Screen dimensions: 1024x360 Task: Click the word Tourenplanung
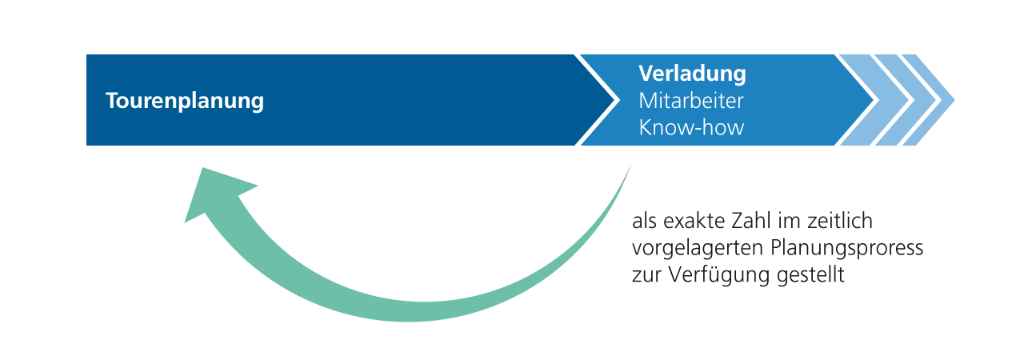[185, 101]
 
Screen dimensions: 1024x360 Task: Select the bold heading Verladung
[692, 74]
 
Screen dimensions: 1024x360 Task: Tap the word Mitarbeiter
[690, 101]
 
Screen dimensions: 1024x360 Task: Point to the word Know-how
[691, 127]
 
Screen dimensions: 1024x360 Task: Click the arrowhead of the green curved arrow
[215, 194]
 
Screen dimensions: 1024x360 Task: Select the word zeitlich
[840, 221]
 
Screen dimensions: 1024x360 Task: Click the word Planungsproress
[846, 249]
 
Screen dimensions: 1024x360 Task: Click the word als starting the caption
[645, 221]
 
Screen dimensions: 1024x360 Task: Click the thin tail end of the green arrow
[630, 166]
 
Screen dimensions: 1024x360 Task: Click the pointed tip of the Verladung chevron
[874, 100]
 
